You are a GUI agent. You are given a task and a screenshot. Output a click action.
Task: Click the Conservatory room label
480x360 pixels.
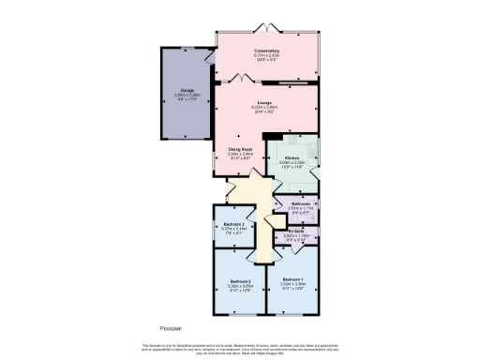pos(266,51)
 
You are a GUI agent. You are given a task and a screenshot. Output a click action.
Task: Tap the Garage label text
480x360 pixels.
pos(188,89)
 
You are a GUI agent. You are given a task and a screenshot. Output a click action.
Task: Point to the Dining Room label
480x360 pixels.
pos(240,148)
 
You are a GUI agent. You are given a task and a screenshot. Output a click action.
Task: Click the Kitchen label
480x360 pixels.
pos(292,157)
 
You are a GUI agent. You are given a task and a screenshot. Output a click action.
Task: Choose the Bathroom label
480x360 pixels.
pos(301,203)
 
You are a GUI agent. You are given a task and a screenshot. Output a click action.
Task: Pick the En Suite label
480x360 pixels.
pos(295,230)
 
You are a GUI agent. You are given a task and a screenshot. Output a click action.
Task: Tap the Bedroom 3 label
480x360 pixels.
pos(234,225)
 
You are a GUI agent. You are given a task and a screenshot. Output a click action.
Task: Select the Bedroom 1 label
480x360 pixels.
pos(292,280)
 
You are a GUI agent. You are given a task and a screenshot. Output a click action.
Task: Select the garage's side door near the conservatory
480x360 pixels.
pos(209,58)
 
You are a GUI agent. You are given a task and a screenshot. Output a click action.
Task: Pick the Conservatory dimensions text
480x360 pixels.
pos(266,58)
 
